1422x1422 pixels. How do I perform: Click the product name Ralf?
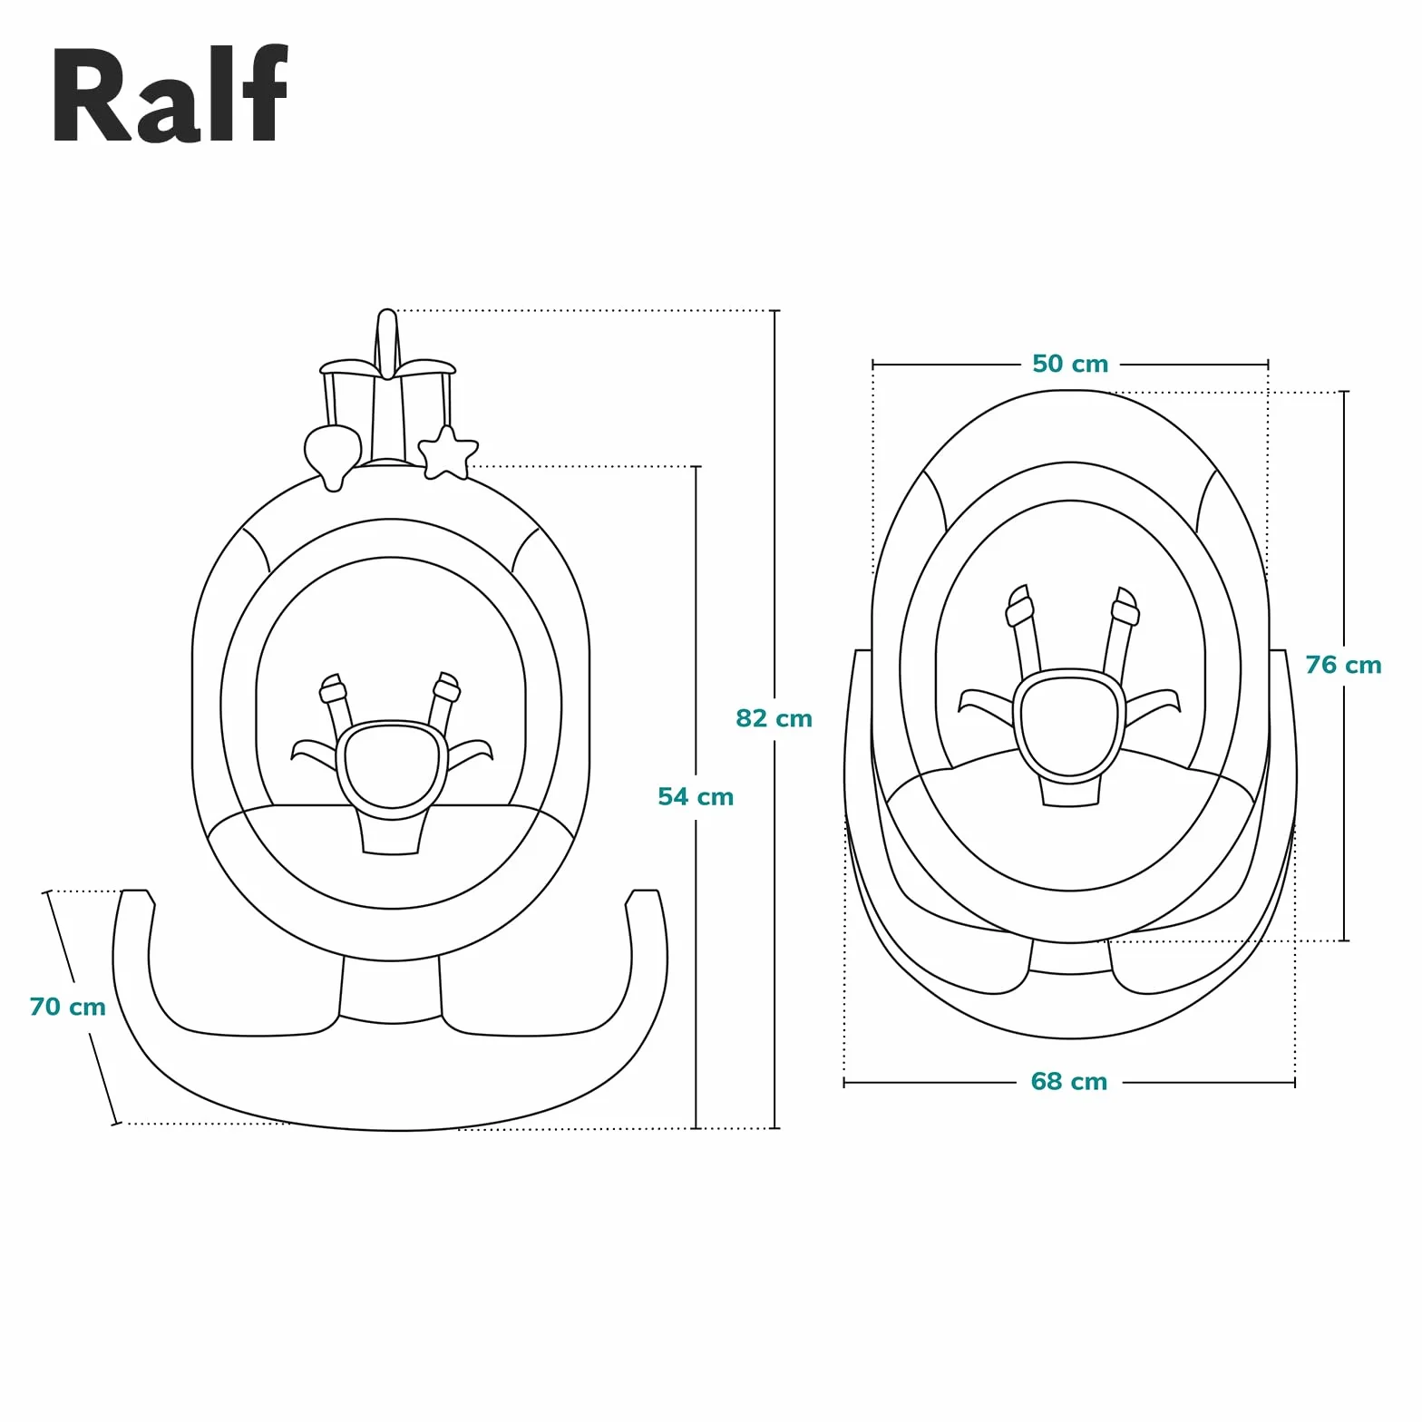click(x=170, y=94)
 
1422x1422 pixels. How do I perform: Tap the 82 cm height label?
click(x=774, y=719)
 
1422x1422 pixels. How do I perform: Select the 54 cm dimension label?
click(x=696, y=797)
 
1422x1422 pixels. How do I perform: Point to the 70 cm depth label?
click(x=67, y=1007)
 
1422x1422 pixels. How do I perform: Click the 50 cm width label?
click(x=1070, y=364)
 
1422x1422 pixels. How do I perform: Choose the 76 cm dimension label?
click(x=1343, y=665)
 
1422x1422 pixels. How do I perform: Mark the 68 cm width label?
click(x=1069, y=1081)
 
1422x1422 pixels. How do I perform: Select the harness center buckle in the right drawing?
click(x=1069, y=726)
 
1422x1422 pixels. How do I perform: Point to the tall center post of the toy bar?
click(x=387, y=344)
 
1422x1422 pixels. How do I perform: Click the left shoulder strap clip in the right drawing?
click(x=1019, y=606)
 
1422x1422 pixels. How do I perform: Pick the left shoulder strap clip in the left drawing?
click(x=333, y=688)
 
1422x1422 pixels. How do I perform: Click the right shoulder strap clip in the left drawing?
click(x=446, y=687)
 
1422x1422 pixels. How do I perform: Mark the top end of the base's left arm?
click(x=135, y=892)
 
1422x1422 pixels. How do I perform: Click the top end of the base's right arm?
click(x=645, y=892)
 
